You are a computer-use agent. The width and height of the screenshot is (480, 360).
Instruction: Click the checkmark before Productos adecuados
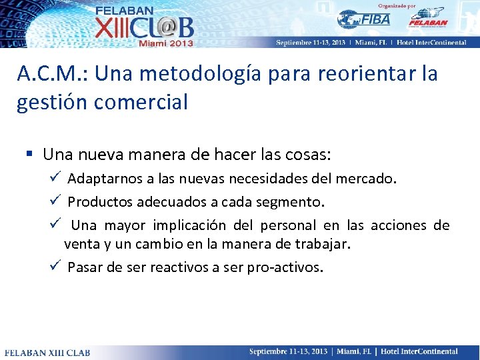(56, 201)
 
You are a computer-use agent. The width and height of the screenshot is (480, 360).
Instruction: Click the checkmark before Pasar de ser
(56, 267)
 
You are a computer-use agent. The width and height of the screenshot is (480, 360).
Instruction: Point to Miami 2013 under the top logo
(165, 43)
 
